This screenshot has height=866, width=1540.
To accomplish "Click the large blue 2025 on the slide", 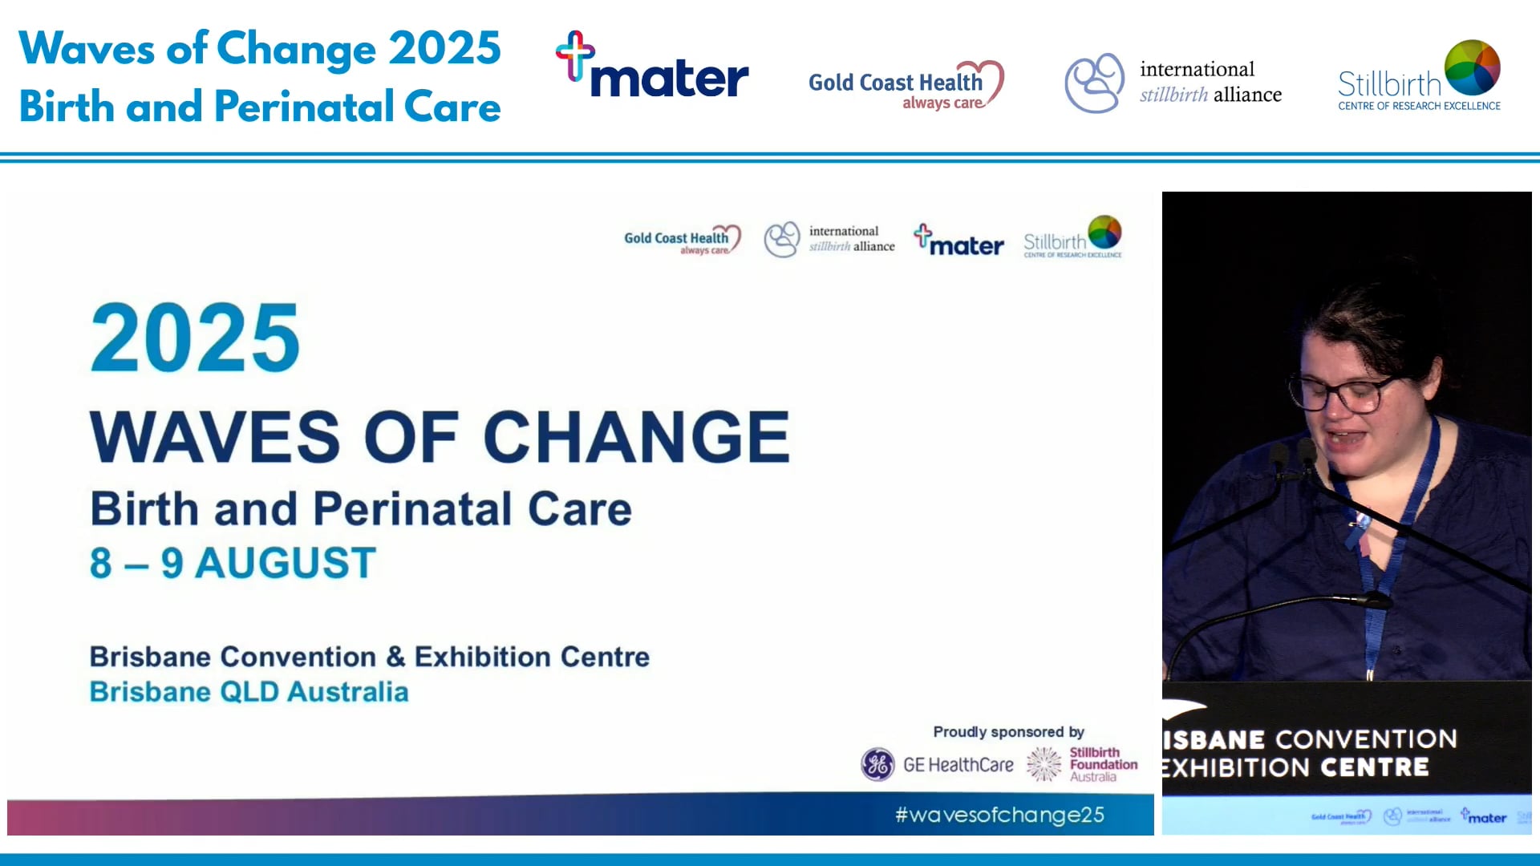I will (195, 338).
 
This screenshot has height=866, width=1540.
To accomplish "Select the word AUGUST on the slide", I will (286, 563).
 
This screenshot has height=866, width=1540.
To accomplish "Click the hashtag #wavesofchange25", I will (999, 815).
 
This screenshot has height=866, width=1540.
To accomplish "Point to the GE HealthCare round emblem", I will (877, 764).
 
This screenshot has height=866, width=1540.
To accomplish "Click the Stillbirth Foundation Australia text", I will (1103, 764).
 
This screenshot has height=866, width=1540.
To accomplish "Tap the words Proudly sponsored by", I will (1008, 731).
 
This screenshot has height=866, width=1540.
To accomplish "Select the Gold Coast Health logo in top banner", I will (905, 85).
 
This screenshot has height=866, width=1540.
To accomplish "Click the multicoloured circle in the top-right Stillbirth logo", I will (1472, 68).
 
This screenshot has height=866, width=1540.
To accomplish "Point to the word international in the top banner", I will (1197, 70).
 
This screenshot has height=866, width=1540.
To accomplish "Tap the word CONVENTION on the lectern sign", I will (1366, 739).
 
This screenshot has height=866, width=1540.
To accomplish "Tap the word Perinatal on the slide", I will (412, 509).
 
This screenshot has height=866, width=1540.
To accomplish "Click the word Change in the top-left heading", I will (296, 48).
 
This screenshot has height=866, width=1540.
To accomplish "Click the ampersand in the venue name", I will (395, 657).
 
